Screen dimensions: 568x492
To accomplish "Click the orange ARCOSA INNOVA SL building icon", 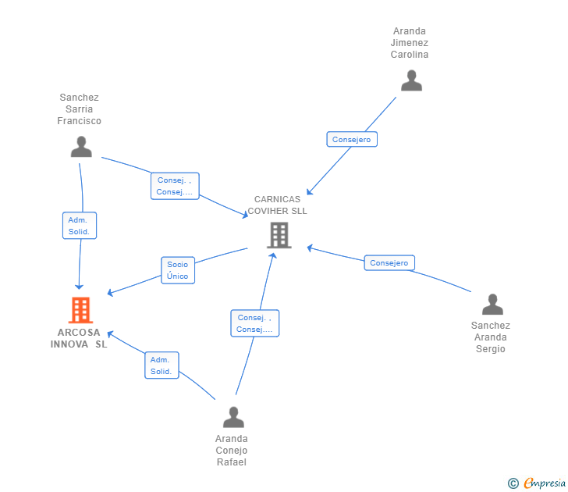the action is tap(80, 310).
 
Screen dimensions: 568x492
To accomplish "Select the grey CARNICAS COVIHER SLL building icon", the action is tap(279, 235).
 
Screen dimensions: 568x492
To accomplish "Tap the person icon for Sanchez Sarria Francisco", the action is tap(81, 147).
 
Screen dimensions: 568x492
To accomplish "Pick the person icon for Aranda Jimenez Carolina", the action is tap(411, 80).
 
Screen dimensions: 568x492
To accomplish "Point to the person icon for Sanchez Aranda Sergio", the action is tap(492, 305).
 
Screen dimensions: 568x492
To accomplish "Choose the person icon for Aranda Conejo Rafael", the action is tap(233, 417).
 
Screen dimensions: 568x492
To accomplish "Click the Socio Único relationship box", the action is tap(178, 270).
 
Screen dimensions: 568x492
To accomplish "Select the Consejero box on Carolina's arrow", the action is tap(352, 139).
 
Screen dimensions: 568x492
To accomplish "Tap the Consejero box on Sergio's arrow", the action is tap(389, 263).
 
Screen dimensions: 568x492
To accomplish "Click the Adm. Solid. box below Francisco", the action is tap(80, 226).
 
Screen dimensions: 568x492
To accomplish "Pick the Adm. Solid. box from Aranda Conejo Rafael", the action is tap(162, 365).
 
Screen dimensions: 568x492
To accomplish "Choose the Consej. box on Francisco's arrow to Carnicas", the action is tap(175, 186).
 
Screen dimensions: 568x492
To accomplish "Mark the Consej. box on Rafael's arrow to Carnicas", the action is tap(255, 323).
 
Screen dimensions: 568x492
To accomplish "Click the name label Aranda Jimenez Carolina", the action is tap(410, 43).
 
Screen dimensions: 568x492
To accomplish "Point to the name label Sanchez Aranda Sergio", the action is tap(491, 337).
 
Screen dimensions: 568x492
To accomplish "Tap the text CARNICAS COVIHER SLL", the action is tap(277, 205).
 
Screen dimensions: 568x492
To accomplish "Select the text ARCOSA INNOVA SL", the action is tap(79, 338).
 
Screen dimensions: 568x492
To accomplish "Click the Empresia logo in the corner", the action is tap(545, 483).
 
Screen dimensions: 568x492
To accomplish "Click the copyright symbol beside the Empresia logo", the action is tap(513, 483).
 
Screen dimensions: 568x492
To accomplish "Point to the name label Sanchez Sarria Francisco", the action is tap(79, 109).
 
